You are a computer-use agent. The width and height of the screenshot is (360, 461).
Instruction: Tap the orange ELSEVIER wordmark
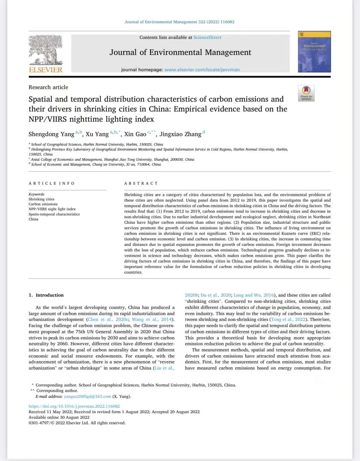pos(46,70)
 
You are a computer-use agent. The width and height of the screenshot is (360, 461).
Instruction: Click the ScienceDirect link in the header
pos(207,38)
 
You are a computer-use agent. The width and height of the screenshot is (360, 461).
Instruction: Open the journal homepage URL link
pos(202,70)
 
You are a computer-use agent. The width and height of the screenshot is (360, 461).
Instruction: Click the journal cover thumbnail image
pos(314,52)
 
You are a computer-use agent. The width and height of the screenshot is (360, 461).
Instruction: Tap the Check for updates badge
pos(306,93)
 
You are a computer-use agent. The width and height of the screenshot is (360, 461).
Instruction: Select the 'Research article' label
pos(48,87)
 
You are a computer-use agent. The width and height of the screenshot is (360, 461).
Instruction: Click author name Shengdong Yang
pos(51,134)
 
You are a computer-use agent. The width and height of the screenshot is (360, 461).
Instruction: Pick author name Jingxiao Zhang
pos(180,134)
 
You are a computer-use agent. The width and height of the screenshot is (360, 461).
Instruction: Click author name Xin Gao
pos(135,134)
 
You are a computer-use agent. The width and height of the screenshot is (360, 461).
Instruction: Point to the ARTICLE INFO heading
pos(52,183)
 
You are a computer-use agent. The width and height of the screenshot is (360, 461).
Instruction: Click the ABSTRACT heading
pos(141,183)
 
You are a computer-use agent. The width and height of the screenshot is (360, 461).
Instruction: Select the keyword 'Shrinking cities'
pos(42,199)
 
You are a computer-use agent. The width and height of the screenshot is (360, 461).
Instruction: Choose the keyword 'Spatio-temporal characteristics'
pos(54,214)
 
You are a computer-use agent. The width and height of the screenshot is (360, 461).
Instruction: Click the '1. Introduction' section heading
pos(46,295)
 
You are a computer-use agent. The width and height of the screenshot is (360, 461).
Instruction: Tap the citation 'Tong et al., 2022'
pos(288,320)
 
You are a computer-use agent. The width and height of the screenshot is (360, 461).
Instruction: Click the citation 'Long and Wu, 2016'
pos(254,295)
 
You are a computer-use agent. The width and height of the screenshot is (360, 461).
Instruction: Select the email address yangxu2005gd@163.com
pos(87,396)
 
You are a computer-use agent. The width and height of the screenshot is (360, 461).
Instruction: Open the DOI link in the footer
pos(74,406)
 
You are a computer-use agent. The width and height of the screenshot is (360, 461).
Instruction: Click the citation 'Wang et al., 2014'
pos(152,320)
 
